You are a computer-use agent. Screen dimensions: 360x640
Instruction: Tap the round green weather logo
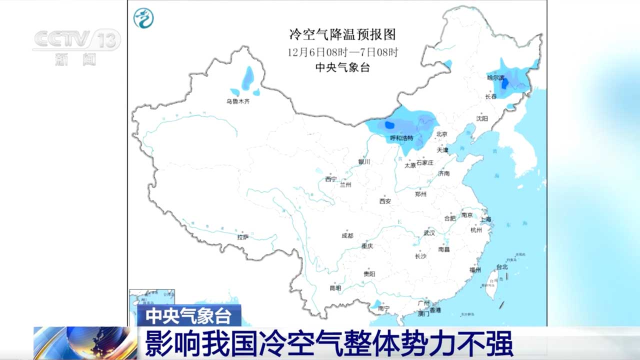pyautogui.click(x=143, y=18)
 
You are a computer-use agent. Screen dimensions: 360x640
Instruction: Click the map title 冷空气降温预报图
pyautogui.click(x=342, y=34)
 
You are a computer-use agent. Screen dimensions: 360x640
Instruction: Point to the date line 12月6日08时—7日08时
pyautogui.click(x=342, y=52)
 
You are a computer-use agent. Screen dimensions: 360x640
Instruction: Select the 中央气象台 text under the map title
pyautogui.click(x=342, y=68)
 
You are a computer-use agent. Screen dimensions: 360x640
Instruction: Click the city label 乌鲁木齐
pyautogui.click(x=237, y=101)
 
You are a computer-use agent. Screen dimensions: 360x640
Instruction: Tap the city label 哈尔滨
pyautogui.click(x=496, y=77)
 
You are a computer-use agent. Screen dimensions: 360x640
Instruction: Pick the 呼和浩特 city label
pyautogui.click(x=401, y=138)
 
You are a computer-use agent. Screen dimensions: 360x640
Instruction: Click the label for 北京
pyautogui.click(x=441, y=134)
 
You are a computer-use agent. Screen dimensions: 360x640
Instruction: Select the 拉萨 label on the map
pyautogui.click(x=243, y=237)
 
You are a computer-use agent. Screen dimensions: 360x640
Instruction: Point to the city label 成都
pyautogui.click(x=347, y=235)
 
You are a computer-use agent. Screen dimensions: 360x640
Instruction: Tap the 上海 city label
pyautogui.click(x=485, y=219)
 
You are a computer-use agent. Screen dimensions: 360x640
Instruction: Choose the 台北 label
pyautogui.click(x=501, y=267)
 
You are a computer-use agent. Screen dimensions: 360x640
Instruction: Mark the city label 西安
pyautogui.click(x=385, y=201)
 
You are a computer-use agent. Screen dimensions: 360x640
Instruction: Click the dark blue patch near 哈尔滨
pyautogui.click(x=505, y=83)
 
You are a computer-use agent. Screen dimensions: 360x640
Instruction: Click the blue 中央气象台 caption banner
pyautogui.click(x=188, y=316)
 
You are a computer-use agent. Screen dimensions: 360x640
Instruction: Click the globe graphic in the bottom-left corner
pyautogui.click(x=85, y=343)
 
